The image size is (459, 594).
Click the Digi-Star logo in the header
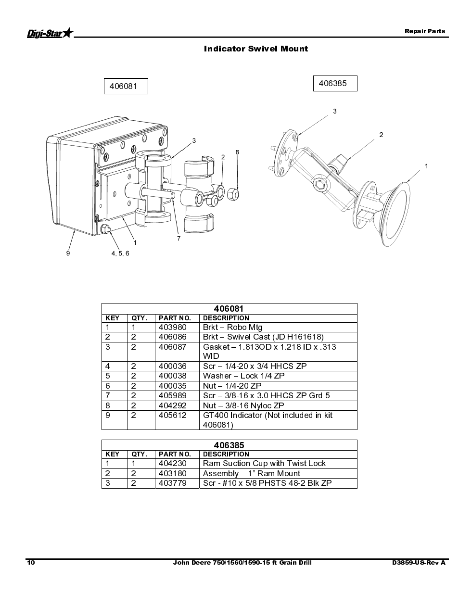[51, 33]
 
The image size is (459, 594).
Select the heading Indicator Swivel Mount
[256, 49]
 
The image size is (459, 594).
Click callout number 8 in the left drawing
[237, 152]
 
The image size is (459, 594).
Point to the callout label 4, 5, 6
[120, 253]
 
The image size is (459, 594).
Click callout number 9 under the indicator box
[68, 253]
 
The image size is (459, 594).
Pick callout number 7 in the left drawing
[179, 239]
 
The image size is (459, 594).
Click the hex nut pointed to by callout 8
[233, 194]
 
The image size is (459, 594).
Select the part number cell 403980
[173, 327]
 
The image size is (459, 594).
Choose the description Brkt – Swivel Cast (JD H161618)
[263, 337]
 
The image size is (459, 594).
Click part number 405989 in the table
[173, 395]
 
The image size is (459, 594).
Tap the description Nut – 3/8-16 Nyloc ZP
[243, 405]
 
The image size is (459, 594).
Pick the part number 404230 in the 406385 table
[173, 463]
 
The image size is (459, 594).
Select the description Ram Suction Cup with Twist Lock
[264, 463]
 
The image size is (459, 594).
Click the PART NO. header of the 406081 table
[175, 318]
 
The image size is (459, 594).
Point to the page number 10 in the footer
[31, 563]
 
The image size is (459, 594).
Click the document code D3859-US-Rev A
[419, 563]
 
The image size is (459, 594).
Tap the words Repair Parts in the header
[425, 31]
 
